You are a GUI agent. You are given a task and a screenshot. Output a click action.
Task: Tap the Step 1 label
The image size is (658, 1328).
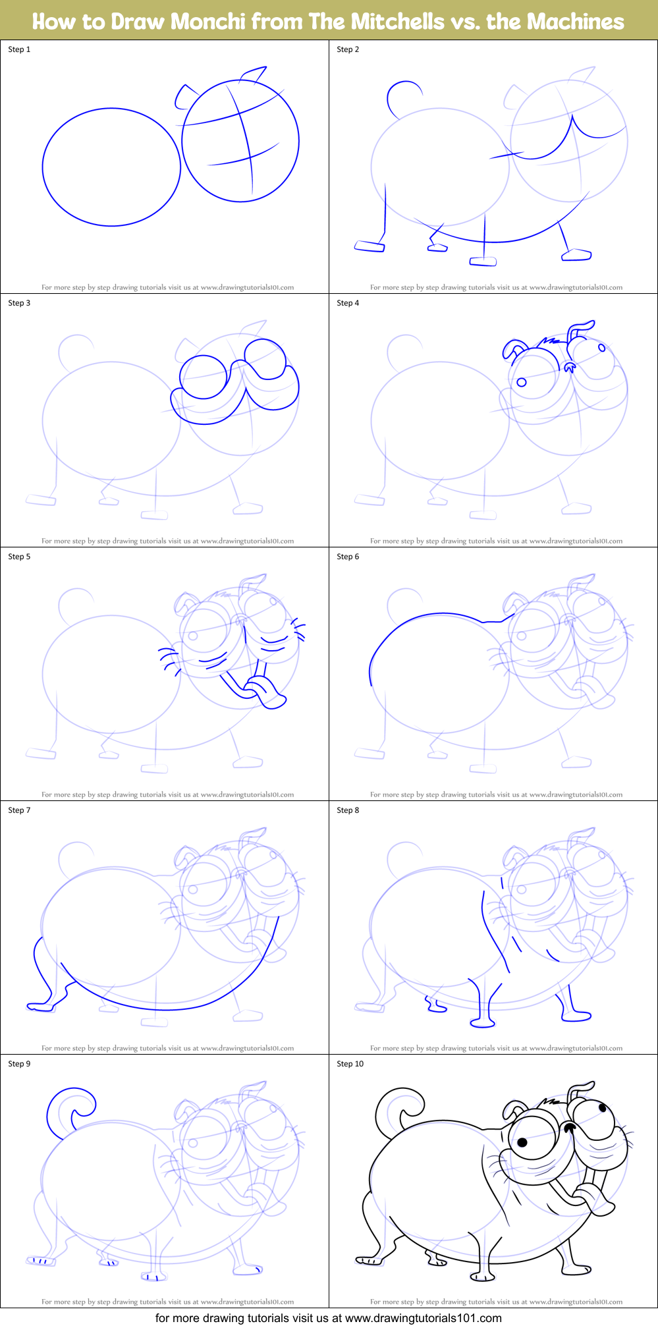[x=19, y=49]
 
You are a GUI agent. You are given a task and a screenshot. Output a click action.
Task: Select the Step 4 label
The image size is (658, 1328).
[x=348, y=303]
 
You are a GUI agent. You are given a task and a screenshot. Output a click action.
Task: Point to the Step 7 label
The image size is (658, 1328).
[x=19, y=810]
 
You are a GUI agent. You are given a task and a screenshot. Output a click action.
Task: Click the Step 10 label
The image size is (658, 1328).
[x=350, y=1064]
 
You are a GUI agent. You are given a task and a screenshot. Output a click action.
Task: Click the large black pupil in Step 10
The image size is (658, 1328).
[x=522, y=1142]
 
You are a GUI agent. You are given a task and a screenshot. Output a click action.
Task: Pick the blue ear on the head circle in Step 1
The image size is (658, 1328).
[x=184, y=96]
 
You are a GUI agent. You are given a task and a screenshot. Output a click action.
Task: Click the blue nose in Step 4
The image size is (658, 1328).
[x=570, y=367]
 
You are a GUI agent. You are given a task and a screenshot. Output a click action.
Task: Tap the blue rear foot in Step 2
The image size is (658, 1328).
[x=370, y=246]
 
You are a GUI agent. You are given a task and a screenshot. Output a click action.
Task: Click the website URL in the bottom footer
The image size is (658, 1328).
[x=423, y=1318]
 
